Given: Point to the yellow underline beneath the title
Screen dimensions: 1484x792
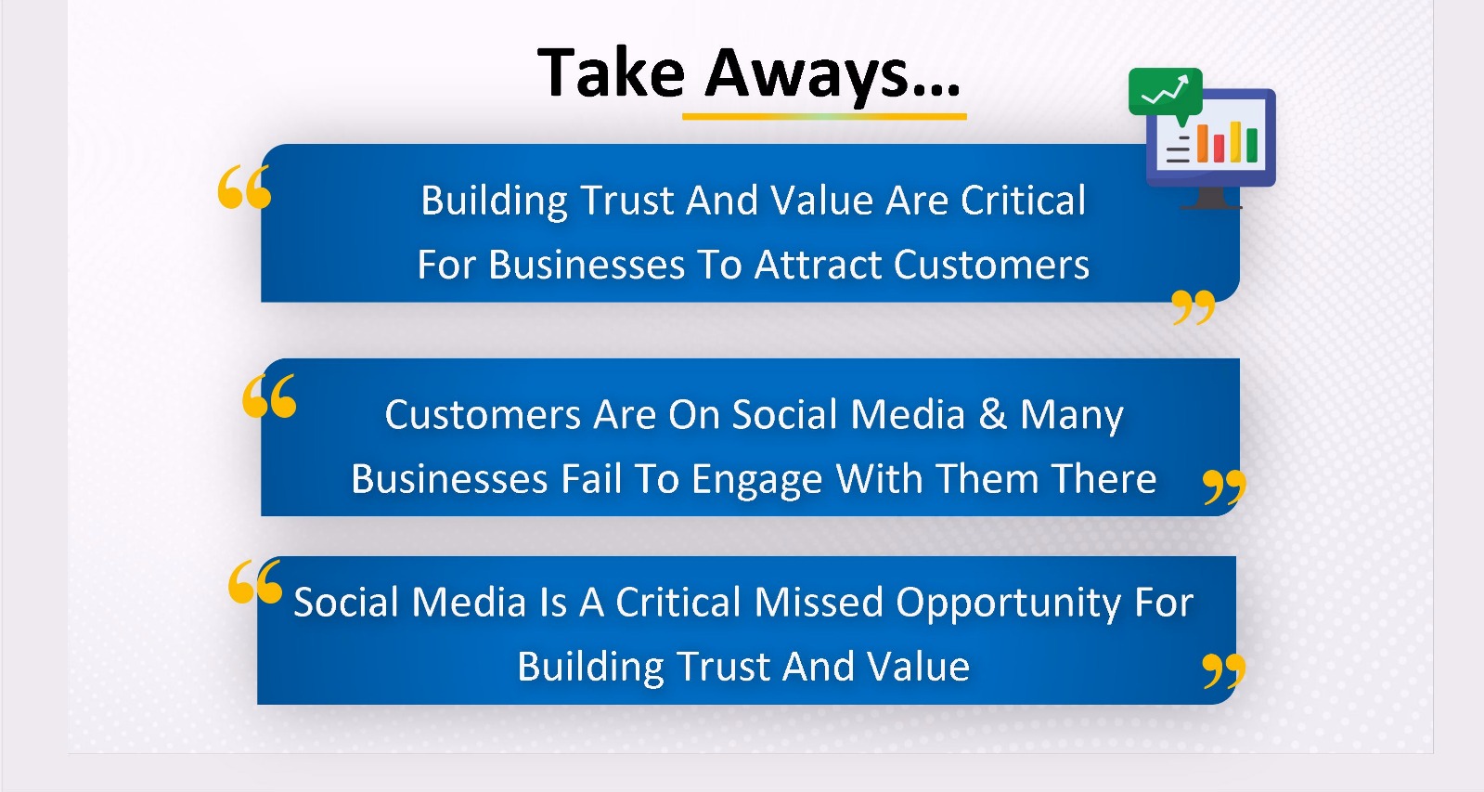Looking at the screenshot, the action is (824, 117).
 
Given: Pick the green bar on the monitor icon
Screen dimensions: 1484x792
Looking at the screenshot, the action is (1251, 145).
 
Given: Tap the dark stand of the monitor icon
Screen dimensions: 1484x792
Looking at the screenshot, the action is (1211, 198).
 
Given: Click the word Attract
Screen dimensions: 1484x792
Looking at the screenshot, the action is (818, 266).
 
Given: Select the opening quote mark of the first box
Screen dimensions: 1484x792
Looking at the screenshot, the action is (244, 188).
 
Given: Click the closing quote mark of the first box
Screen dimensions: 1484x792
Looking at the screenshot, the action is (1194, 306).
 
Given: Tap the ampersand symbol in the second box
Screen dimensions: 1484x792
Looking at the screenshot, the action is (992, 414).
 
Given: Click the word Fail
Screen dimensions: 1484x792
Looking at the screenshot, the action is (591, 478).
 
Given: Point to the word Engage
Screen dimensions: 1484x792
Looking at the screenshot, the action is (756, 481).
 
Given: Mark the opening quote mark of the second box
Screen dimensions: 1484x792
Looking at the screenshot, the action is (269, 396).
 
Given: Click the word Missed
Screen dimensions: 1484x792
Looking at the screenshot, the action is (819, 603).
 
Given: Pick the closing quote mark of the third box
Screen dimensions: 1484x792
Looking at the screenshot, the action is (1223, 670).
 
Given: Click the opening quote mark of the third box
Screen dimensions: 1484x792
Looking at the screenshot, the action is (255, 581).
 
